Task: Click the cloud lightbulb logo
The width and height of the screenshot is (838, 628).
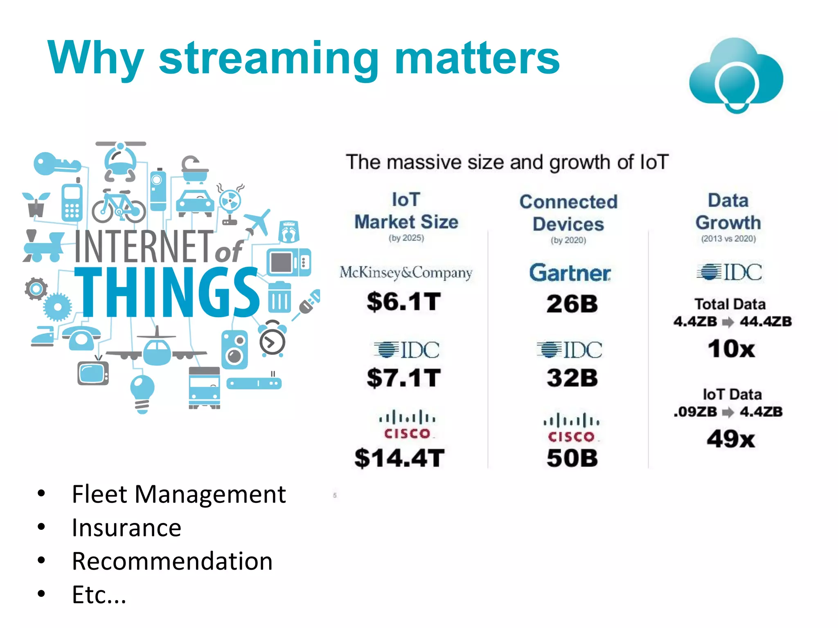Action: click(736, 76)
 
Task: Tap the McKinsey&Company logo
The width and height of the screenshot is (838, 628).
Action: click(406, 272)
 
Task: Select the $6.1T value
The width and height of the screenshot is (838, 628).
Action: click(403, 302)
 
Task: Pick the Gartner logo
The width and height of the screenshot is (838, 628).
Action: click(570, 273)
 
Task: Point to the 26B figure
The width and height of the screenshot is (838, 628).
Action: click(572, 304)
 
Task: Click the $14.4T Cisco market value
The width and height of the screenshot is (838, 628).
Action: click(399, 458)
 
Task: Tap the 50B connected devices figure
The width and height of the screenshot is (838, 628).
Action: click(572, 458)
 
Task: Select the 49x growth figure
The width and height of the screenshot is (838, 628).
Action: click(731, 439)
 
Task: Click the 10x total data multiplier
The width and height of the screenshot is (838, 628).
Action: click(731, 349)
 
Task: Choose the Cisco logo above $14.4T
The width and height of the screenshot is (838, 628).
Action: click(407, 425)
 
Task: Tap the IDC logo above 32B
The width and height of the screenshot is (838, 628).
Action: click(570, 350)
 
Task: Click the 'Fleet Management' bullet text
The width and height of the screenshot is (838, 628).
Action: click(178, 494)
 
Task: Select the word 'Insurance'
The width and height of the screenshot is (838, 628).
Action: click(126, 528)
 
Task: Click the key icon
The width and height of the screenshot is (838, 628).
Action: click(56, 164)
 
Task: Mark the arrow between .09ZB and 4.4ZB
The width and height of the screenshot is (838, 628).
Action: click(728, 412)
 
